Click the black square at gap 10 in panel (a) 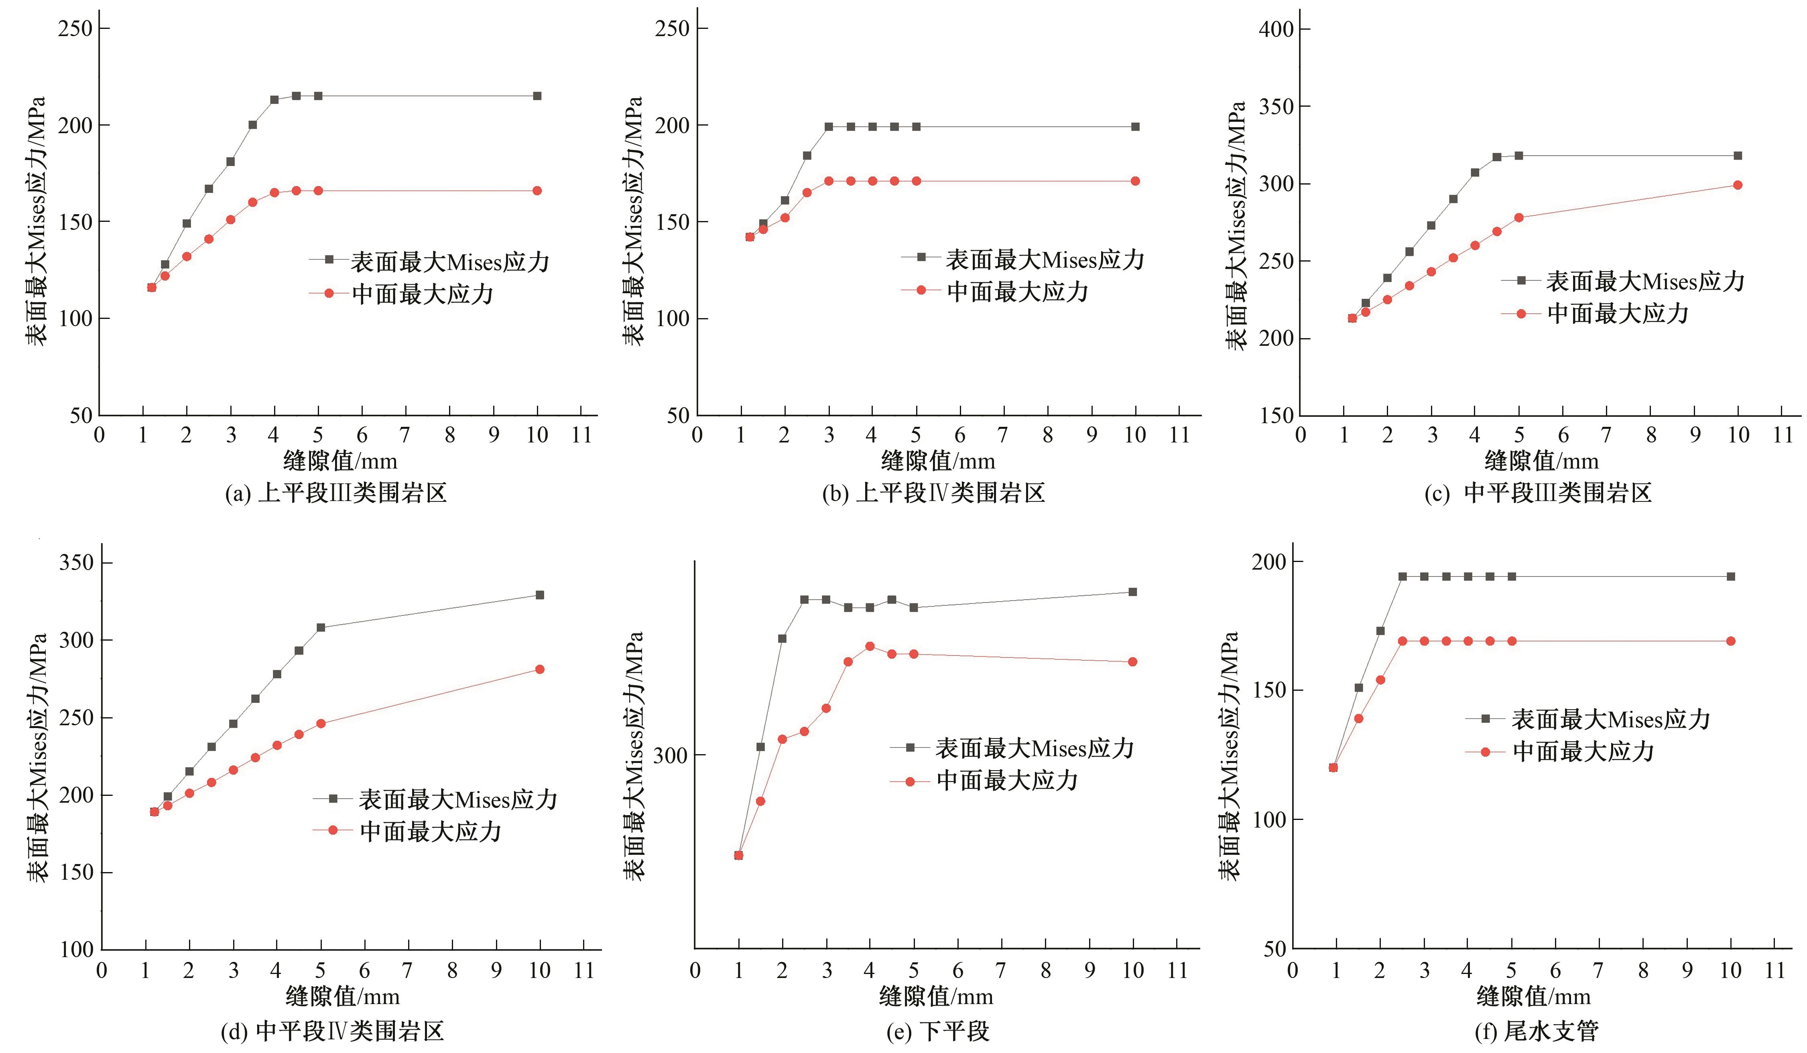pyautogui.click(x=537, y=96)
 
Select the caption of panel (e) pyautogui.click(x=938, y=1031)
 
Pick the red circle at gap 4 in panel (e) pyautogui.click(x=870, y=646)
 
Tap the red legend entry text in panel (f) pyautogui.click(x=1583, y=751)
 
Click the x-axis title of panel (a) pyautogui.click(x=340, y=461)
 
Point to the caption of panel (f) pyautogui.click(x=1537, y=1031)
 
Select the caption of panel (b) pyautogui.click(x=934, y=493)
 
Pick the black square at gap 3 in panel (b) pyautogui.click(x=829, y=127)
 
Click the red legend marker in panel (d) pyautogui.click(x=333, y=830)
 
